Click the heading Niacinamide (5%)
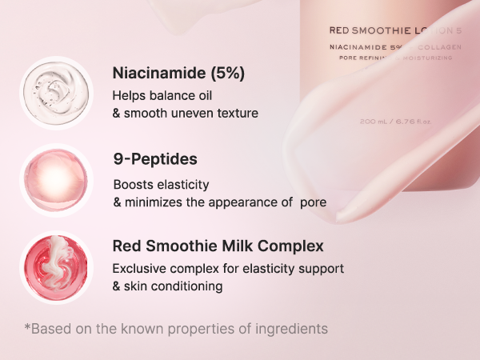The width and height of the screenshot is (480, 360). [178, 74]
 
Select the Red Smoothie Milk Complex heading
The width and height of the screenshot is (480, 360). [218, 246]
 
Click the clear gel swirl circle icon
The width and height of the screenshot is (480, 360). [56, 92]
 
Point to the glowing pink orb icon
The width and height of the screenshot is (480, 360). [56, 179]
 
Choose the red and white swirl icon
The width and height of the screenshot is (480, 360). [56, 266]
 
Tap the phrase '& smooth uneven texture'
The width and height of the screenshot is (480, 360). [186, 114]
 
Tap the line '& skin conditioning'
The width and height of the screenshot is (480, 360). [167, 286]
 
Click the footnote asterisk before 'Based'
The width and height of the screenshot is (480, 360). [28, 327]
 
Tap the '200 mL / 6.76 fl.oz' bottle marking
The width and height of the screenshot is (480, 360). [396, 122]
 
